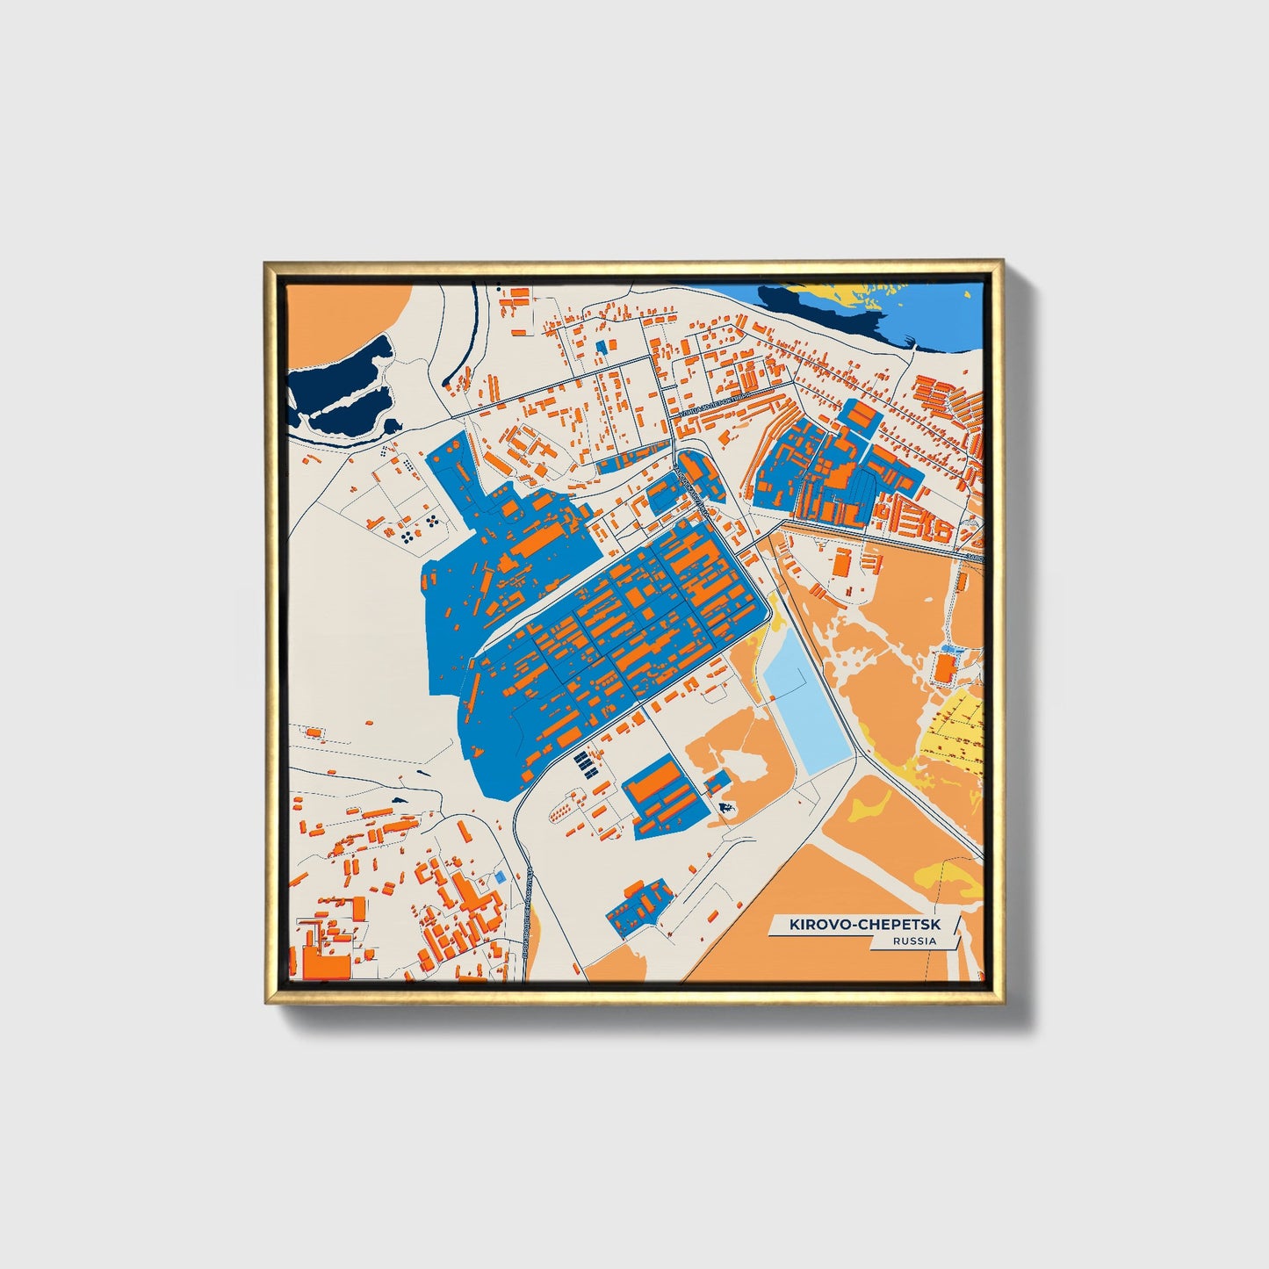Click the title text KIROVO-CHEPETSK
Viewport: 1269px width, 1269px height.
pos(862,925)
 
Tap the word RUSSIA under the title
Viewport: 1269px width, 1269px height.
pos(913,941)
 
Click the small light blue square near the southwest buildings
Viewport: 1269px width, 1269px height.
pos(500,876)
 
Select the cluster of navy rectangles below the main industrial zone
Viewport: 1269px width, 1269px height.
pos(583,763)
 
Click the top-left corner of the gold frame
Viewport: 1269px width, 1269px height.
pos(266,263)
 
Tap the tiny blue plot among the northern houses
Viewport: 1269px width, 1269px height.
pos(602,347)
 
